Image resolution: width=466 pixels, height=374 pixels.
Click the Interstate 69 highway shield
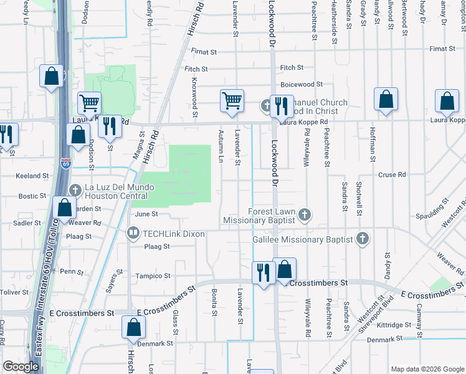tap(67, 164)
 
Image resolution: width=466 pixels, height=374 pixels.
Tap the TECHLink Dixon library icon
tap(133, 233)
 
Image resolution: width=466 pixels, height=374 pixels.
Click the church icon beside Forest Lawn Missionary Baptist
tap(304, 215)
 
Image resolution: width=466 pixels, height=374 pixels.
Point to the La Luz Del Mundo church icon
tap(75, 189)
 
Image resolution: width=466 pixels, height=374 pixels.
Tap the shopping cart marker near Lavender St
tap(232, 100)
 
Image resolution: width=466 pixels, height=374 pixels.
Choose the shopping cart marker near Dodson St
tap(89, 103)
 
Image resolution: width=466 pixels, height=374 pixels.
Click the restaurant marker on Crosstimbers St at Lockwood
tap(263, 272)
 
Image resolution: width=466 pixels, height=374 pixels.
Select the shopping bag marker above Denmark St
tap(134, 327)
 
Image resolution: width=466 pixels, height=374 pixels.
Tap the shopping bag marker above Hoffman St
tap(386, 99)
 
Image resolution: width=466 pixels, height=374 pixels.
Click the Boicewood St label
tap(302, 84)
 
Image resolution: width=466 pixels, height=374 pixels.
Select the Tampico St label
tap(154, 276)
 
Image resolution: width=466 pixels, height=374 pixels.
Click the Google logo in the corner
tap(21, 367)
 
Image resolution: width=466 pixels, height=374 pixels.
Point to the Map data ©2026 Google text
tap(427, 369)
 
